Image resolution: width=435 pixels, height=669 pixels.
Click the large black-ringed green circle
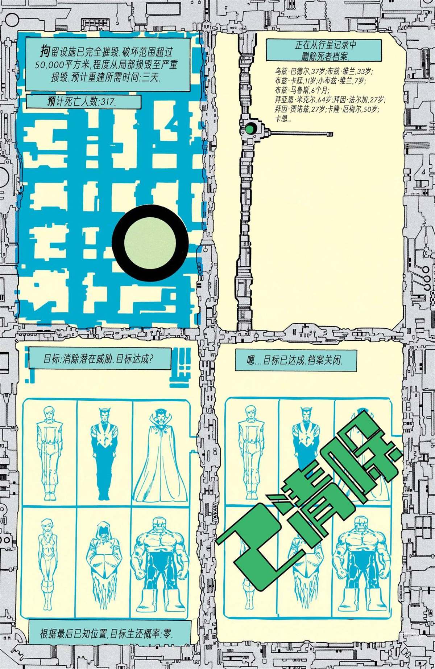point(150,242)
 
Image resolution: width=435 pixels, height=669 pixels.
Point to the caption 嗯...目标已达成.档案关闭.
point(295,360)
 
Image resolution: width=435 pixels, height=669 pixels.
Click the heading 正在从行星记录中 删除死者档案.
point(324,50)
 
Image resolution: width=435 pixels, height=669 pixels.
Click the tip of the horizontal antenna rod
point(331,134)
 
